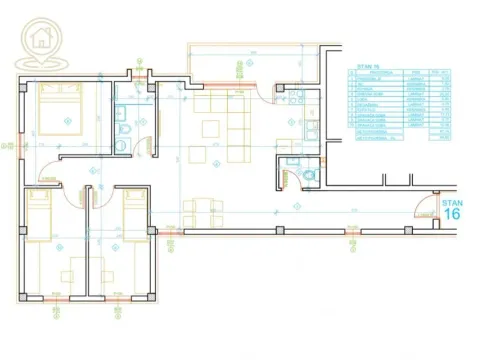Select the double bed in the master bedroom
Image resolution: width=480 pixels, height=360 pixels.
point(61,111)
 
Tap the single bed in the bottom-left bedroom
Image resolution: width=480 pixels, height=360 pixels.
point(37,215)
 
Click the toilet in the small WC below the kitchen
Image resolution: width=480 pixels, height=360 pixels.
point(309,176)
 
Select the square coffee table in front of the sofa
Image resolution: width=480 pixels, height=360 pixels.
point(211,128)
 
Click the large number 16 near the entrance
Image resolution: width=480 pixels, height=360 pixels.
point(451,213)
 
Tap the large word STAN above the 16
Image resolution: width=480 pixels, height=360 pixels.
point(451,200)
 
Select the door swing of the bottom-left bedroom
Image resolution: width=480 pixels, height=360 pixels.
point(71,193)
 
